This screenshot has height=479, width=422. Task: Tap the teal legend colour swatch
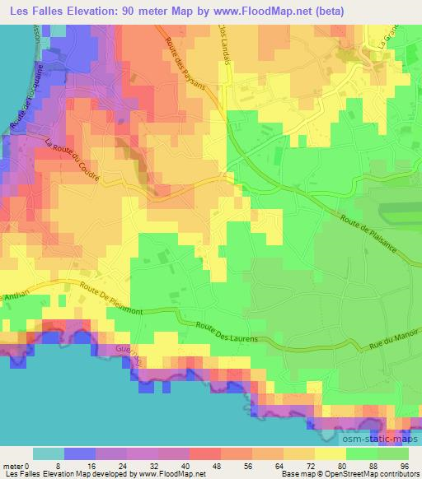point(49,453)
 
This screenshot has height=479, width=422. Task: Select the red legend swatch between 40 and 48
point(205,453)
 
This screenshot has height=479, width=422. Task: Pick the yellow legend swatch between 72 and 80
point(331,453)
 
